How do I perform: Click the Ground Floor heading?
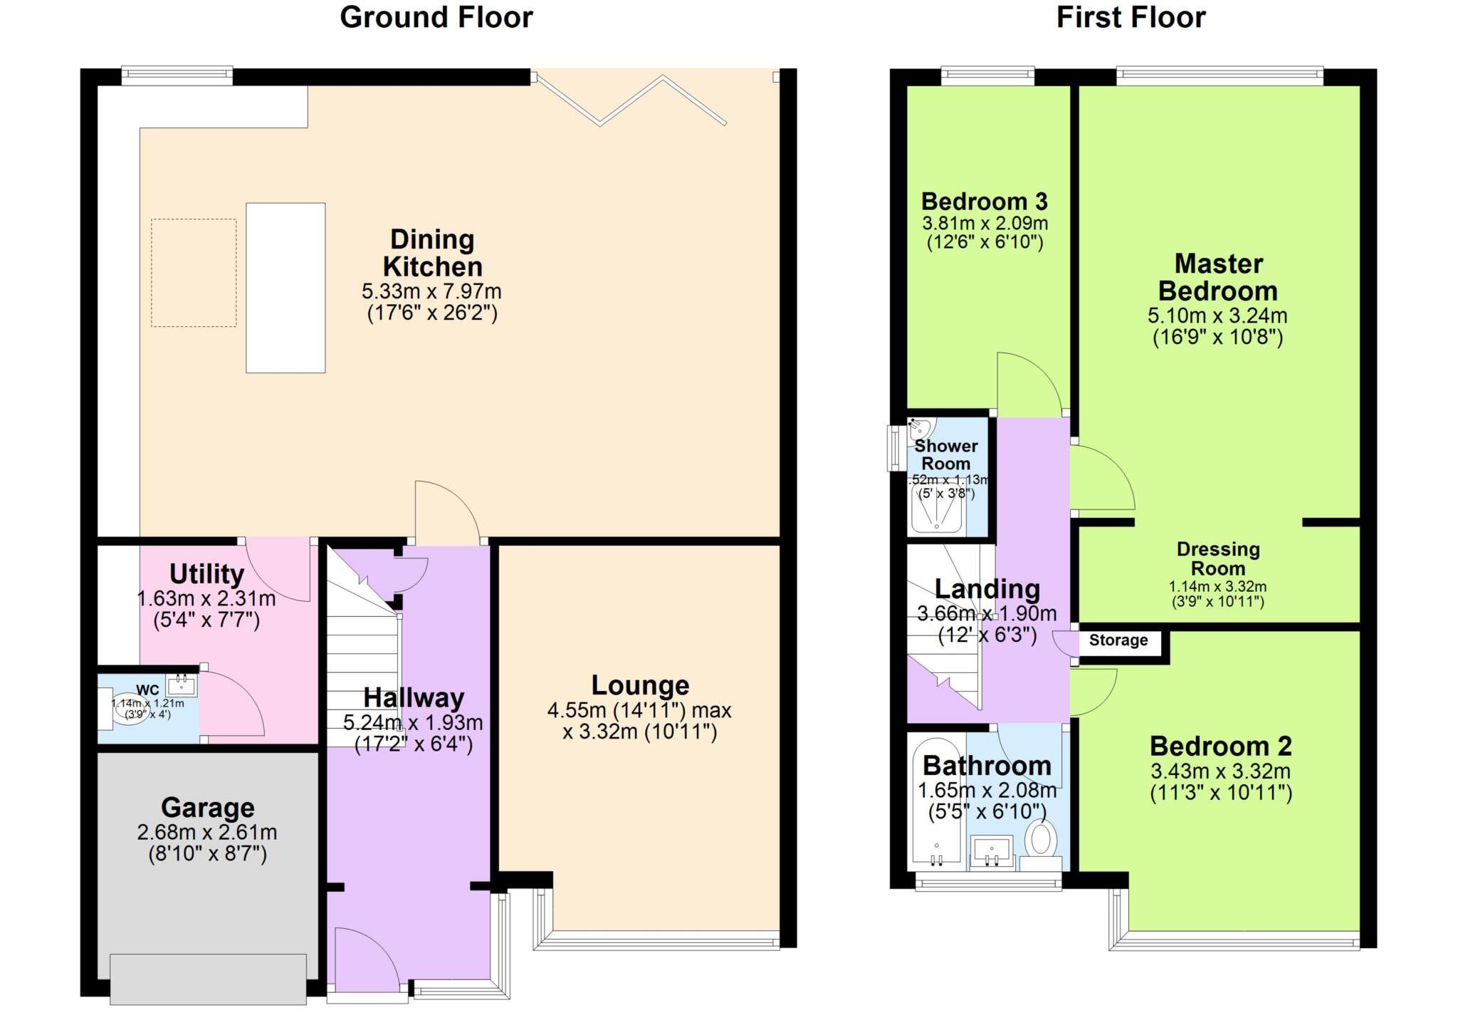click(x=436, y=17)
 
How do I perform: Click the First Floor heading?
click(x=1131, y=17)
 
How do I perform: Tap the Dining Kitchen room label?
click(x=432, y=253)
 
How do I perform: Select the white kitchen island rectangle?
click(x=285, y=288)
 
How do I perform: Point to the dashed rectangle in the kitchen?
click(x=194, y=273)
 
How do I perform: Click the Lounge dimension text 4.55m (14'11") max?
click(x=639, y=710)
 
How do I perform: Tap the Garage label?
click(x=207, y=807)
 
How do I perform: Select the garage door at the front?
click(x=209, y=979)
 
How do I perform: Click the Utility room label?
click(x=206, y=573)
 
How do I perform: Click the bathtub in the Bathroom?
click(x=937, y=805)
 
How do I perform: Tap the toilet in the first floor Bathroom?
click(x=1041, y=839)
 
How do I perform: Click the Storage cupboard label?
click(x=1118, y=640)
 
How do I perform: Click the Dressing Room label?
click(x=1217, y=558)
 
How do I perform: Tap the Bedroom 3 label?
click(x=984, y=202)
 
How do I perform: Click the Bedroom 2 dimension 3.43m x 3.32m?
click(x=1220, y=771)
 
